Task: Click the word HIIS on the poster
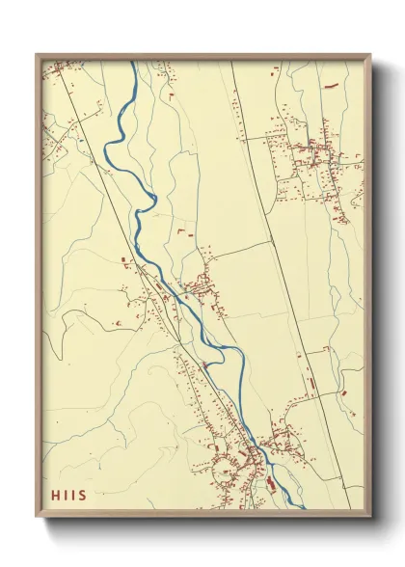click(68, 496)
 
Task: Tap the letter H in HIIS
click(55, 496)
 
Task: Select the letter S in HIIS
click(82, 496)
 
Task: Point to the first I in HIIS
click(66, 496)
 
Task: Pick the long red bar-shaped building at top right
click(334, 86)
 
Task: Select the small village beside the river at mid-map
click(200, 284)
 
